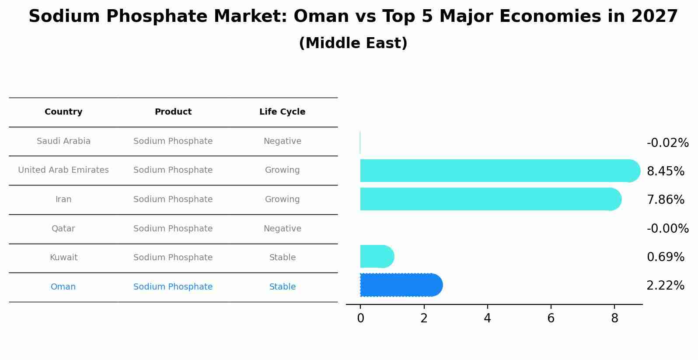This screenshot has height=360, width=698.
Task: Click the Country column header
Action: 63,112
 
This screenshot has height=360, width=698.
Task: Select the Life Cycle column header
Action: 282,112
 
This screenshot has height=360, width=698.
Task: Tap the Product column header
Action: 173,112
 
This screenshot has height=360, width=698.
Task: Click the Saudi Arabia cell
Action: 63,141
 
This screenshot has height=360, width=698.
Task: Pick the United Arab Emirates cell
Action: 63,170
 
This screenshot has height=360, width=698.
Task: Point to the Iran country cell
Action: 63,199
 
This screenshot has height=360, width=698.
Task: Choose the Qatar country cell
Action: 63,229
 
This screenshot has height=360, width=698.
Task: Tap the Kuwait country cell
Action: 63,258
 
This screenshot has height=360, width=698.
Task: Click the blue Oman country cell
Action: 63,287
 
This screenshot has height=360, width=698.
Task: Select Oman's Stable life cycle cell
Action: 283,287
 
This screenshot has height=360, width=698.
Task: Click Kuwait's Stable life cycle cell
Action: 283,258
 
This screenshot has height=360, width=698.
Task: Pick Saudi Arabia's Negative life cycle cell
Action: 283,141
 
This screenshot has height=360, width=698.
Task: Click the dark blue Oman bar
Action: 400,285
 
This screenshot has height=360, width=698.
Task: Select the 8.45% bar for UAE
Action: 499,171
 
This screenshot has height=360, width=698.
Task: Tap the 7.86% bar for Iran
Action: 490,199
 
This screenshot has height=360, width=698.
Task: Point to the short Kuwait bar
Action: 376,256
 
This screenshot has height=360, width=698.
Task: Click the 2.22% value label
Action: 665,286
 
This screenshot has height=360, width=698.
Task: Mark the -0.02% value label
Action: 667,143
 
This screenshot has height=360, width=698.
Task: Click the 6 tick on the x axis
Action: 551,318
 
